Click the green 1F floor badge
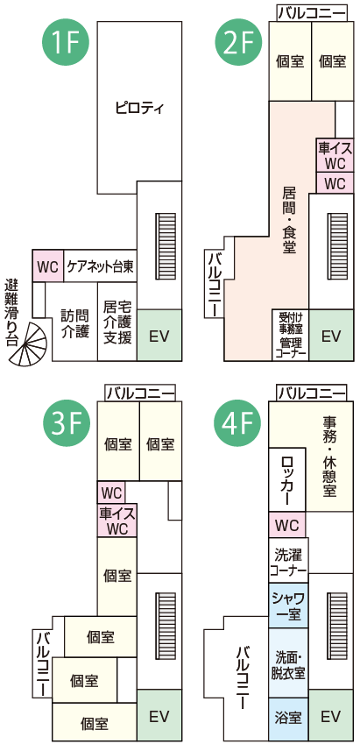(x=66, y=44)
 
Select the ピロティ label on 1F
(x=139, y=108)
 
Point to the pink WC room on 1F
(x=47, y=266)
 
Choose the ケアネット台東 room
(x=100, y=266)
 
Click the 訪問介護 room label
(x=75, y=324)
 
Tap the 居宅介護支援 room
(x=117, y=322)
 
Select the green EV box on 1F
(x=159, y=336)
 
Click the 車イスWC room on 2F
(x=335, y=156)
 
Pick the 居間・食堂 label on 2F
(x=289, y=220)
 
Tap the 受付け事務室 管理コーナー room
(x=290, y=336)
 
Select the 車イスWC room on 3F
(x=117, y=521)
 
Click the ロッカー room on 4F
(x=287, y=480)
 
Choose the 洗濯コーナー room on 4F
(x=288, y=560)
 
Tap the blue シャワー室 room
(x=288, y=606)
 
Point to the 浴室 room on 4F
(x=288, y=719)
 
